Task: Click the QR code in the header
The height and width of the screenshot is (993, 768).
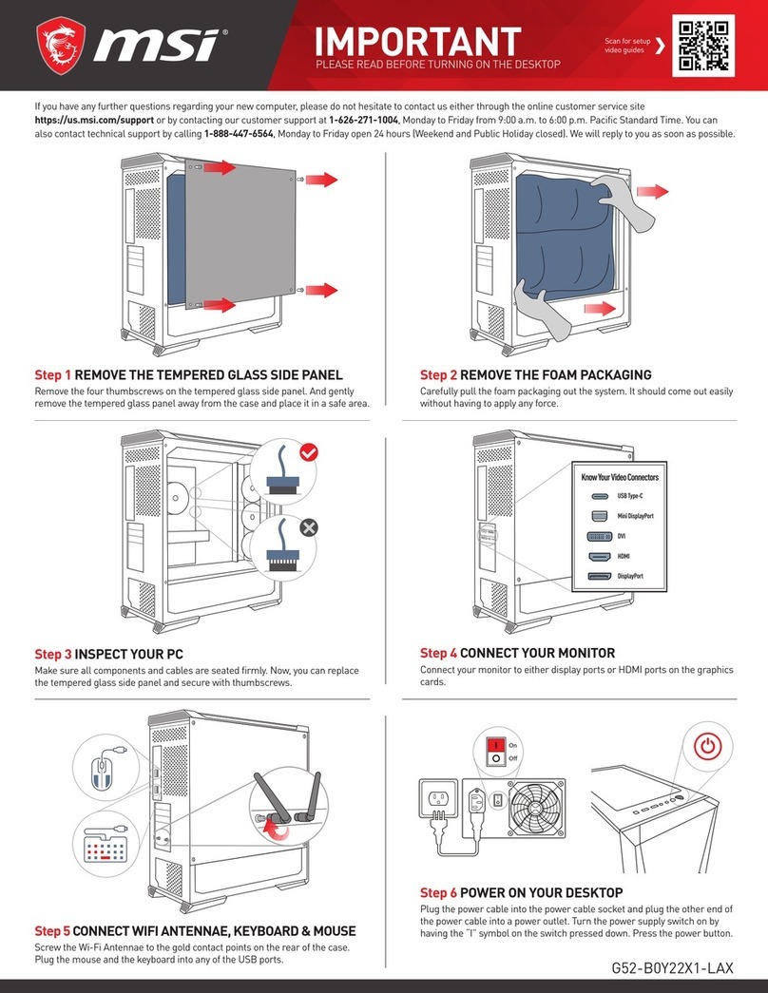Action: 704,47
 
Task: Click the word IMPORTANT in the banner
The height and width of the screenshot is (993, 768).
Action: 418,42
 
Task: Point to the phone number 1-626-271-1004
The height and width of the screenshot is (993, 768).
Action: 365,122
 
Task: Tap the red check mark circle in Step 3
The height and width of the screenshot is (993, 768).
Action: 308,455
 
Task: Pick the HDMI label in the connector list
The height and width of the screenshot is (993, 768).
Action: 624,556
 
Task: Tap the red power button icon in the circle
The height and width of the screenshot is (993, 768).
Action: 706,748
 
